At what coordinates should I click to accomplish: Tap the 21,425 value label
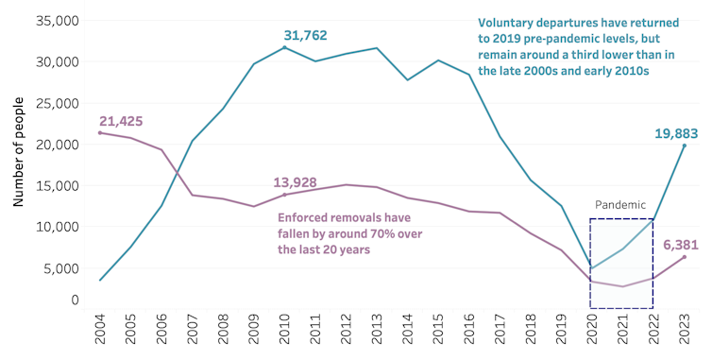[127, 122]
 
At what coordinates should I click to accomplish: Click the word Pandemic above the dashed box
[621, 204]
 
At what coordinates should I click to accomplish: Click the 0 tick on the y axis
[75, 300]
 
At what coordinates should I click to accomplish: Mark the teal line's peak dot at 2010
[284, 46]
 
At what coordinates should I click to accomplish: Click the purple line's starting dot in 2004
[100, 132]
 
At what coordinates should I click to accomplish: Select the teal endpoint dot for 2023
[684, 145]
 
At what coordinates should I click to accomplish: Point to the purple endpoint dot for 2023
[684, 257]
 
